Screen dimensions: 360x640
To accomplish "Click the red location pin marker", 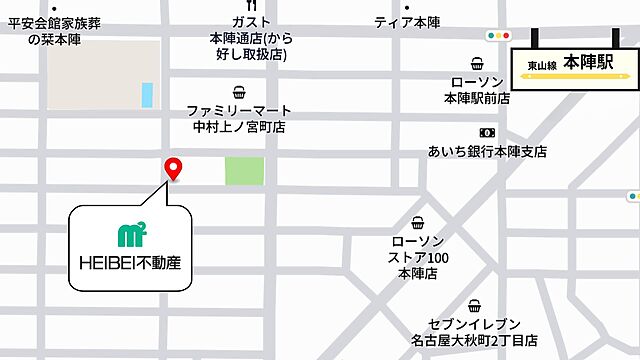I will tap(172, 168).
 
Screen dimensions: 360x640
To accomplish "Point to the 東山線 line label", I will tap(542, 66).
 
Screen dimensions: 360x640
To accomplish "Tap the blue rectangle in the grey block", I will tap(148, 95).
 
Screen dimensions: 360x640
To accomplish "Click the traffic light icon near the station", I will tap(497, 36).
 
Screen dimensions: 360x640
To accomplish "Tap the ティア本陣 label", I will tap(407, 22).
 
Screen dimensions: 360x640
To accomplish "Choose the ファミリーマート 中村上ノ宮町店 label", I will tap(239, 119).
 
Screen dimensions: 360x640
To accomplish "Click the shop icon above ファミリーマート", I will tap(239, 92).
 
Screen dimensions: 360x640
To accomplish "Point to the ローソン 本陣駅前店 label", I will tap(477, 90).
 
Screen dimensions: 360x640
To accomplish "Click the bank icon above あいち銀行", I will tap(487, 132).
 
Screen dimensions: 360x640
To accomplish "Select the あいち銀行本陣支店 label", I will tap(486, 151).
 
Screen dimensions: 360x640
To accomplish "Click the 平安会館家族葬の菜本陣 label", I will tap(52, 30).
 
